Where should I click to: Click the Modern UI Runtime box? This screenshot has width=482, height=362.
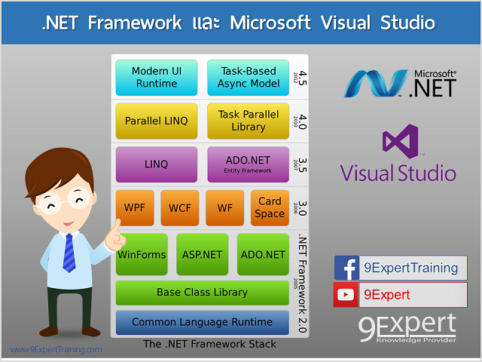(156, 78)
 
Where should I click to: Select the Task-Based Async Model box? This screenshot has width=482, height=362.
(248, 78)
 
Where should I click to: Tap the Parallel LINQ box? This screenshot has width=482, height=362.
(156, 121)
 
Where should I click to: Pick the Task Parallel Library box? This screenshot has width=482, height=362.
(248, 121)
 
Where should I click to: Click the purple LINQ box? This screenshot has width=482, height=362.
(156, 164)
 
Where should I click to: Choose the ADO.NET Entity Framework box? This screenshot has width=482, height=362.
(248, 164)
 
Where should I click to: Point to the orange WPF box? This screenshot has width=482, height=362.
(135, 207)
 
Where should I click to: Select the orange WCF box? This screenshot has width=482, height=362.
(179, 207)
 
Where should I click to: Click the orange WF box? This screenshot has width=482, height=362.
(224, 207)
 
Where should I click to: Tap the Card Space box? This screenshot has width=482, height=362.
(270, 207)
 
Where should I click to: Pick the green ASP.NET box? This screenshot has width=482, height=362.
(202, 254)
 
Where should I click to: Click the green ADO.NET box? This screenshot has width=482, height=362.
(263, 254)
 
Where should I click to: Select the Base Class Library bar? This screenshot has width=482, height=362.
(202, 292)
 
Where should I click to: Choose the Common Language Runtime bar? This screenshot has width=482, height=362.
(202, 322)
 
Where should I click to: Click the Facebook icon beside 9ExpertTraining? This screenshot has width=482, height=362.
(346, 268)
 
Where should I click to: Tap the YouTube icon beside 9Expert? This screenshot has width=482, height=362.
(346, 294)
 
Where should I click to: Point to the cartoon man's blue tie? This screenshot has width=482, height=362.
(69, 252)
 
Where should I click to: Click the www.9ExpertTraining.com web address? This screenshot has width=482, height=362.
(56, 350)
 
